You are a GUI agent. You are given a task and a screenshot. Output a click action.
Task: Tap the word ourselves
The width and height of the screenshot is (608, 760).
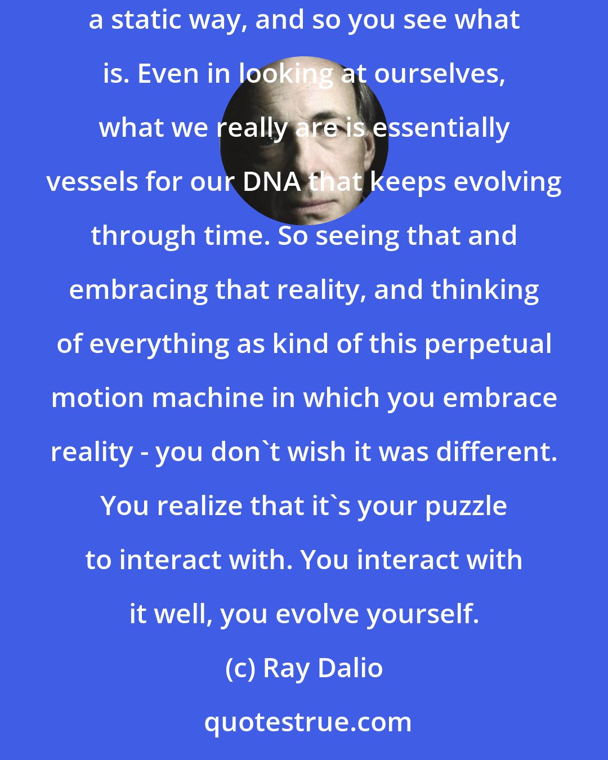click(x=440, y=74)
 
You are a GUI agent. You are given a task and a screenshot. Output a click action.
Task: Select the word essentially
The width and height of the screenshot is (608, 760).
click(x=441, y=128)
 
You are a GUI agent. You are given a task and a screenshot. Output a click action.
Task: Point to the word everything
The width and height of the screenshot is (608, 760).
click(x=158, y=343)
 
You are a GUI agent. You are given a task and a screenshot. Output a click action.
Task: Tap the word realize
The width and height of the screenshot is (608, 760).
click(x=199, y=506)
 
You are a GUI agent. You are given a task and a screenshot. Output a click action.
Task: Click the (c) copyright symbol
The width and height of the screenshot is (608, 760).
click(x=241, y=668)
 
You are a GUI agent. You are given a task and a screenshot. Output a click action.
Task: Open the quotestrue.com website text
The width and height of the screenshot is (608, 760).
click(x=307, y=722)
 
